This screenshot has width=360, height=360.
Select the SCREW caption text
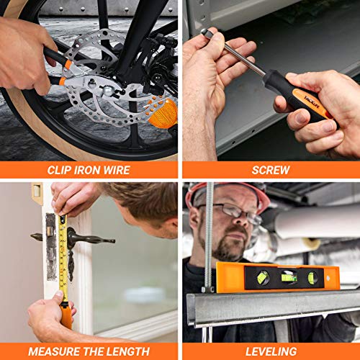click(x=271, y=170)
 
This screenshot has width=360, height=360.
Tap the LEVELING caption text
click(x=271, y=351)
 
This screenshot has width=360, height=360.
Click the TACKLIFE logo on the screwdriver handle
click(x=312, y=102)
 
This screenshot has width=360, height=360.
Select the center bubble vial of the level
click(x=289, y=277)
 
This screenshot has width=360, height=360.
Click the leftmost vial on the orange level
click(x=263, y=277)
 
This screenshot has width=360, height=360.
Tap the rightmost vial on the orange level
click(x=312, y=278)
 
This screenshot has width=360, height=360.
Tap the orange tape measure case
click(x=66, y=316)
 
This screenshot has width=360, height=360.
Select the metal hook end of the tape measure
click(x=63, y=218)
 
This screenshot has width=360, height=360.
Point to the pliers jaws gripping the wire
click(x=96, y=86)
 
